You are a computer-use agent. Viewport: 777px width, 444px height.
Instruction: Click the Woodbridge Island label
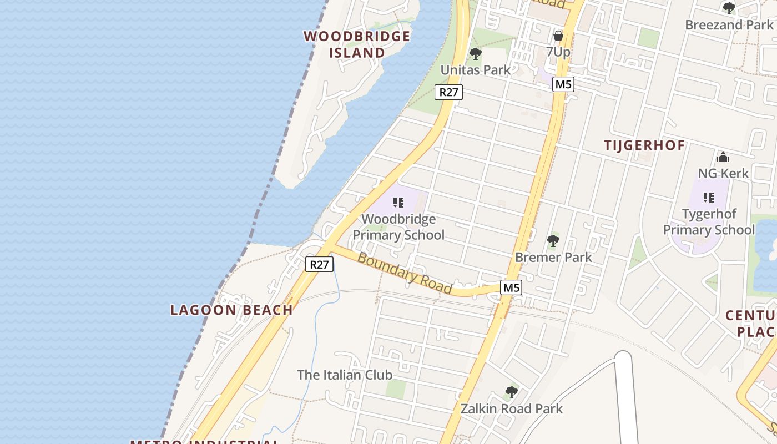tap(357, 44)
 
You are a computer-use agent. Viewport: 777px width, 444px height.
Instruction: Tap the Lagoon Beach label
tap(231, 310)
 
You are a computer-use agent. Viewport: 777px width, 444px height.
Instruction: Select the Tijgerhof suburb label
tap(644, 145)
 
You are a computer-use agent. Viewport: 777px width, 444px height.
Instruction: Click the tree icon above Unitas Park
tap(475, 54)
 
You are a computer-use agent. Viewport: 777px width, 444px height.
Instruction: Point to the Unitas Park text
tap(475, 70)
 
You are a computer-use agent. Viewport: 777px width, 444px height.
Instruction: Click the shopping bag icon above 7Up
tap(558, 36)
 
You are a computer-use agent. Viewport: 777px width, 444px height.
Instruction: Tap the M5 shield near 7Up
tap(563, 84)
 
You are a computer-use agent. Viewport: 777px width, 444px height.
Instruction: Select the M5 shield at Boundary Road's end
tap(511, 287)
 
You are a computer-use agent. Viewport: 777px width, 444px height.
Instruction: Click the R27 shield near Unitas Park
tap(448, 92)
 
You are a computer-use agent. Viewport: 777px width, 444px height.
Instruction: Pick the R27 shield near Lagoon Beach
tap(319, 264)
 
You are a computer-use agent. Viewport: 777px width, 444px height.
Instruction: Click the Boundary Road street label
tap(405, 273)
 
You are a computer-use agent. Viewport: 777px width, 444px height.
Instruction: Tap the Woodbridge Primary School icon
tap(398, 203)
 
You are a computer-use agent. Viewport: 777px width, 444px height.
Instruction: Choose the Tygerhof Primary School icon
tap(708, 197)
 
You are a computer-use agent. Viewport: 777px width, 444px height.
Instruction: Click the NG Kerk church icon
tap(723, 157)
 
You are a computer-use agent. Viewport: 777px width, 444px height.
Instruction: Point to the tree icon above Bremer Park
tap(553, 241)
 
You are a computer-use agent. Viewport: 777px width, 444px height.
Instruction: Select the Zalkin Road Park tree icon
tap(511, 392)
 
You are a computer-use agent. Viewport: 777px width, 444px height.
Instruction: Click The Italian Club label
tap(345, 375)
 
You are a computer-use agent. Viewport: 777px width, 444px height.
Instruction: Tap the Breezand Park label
tap(729, 25)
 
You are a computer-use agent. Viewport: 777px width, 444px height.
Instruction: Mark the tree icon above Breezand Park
tap(729, 8)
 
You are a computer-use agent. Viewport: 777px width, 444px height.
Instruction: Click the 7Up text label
tap(558, 52)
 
